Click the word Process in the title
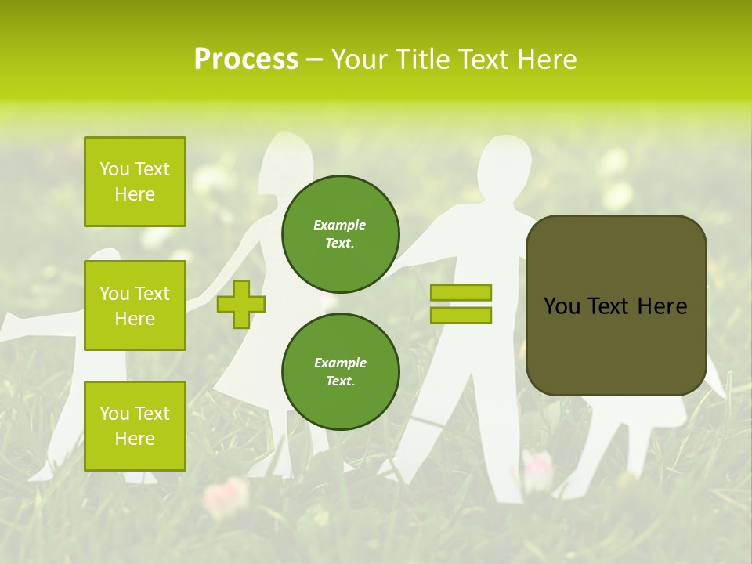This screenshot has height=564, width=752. (246, 60)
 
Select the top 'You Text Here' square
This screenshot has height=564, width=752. (135, 182)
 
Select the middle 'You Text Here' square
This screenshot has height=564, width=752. (135, 305)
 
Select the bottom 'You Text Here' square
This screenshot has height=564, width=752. (135, 426)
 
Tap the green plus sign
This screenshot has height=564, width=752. (241, 304)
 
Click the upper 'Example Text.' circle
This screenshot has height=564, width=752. (340, 233)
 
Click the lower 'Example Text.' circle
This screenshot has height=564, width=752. (340, 371)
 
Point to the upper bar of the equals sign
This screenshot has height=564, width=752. (461, 292)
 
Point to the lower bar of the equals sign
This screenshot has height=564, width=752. (461, 316)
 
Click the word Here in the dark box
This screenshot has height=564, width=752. (662, 306)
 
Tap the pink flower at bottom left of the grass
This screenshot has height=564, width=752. (226, 496)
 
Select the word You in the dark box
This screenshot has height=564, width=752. (561, 306)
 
